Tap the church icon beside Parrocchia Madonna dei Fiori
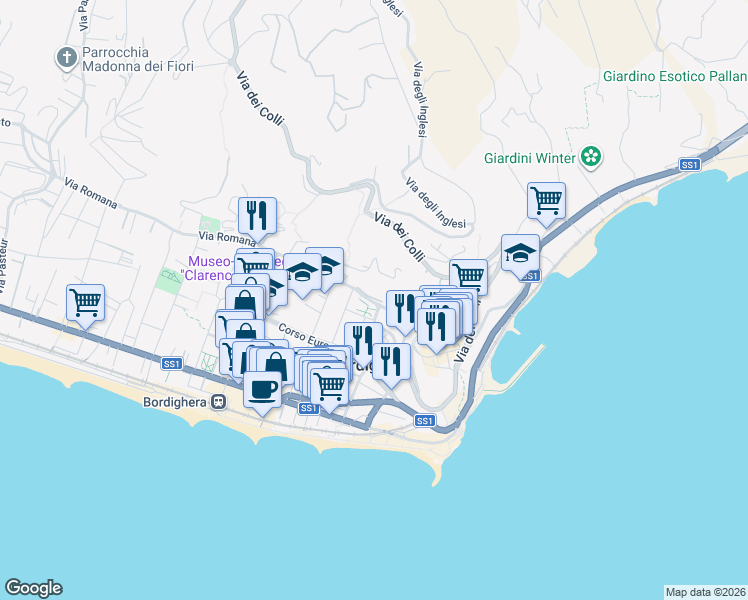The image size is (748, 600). tap(67, 58)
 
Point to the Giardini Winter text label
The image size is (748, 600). tap(529, 158)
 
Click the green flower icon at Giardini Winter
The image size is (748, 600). tap(592, 156)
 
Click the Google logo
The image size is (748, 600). tap(33, 588)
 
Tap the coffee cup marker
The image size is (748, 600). tap(262, 389)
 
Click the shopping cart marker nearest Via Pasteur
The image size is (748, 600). tap(86, 301)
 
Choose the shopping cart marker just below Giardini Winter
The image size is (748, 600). tap(547, 200)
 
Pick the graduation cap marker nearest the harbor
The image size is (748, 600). tap(520, 253)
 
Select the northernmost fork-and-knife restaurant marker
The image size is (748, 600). tap(258, 215)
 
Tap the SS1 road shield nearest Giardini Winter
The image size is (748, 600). tap(689, 165)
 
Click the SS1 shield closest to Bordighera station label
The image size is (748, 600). tap(170, 365)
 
